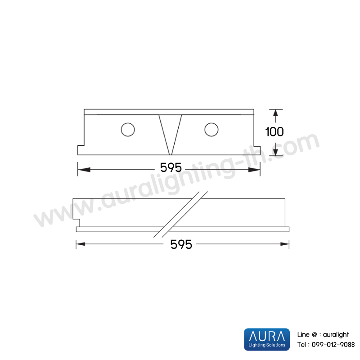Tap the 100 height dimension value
pos(274,132)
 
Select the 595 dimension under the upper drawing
pos(171,167)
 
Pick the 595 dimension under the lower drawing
pos(181,244)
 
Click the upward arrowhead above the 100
pos(275,113)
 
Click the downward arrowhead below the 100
pos(275,152)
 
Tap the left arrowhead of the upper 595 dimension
pos(84,170)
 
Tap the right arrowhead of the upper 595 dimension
pos(254,170)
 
